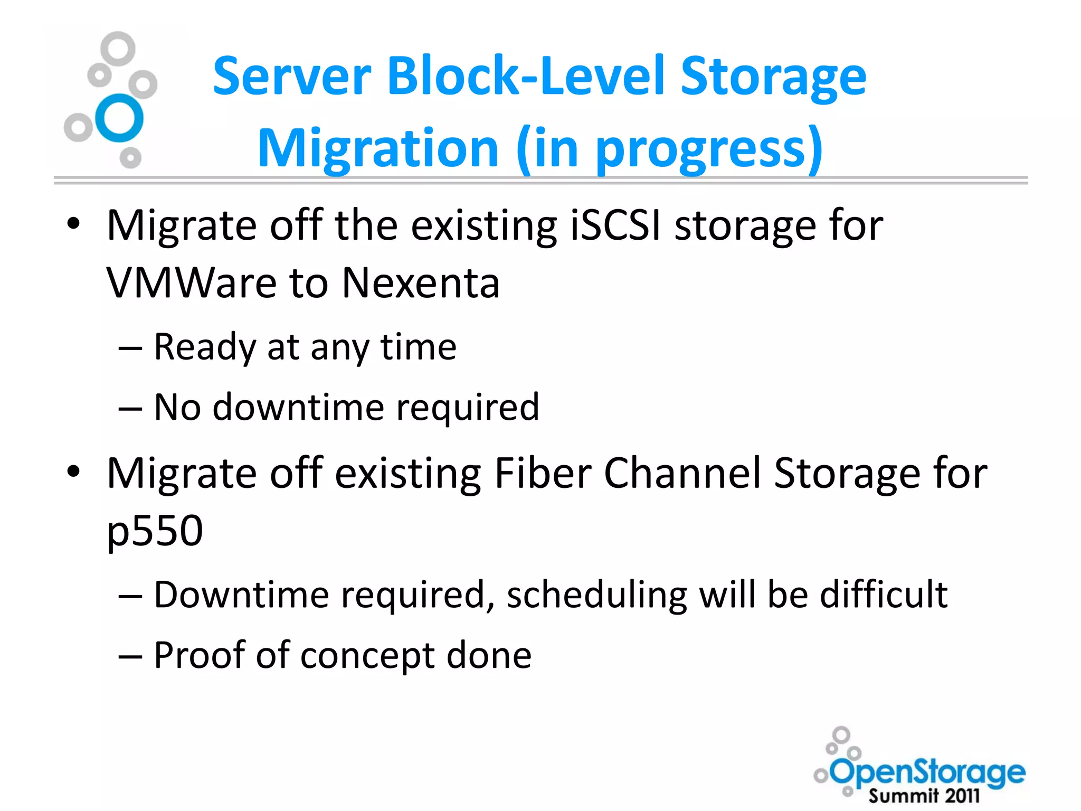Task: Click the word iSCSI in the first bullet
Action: [x=615, y=225]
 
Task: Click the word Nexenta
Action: [x=421, y=283]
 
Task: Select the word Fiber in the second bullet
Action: [x=542, y=473]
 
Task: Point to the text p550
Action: [x=155, y=531]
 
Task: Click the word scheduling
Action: [x=596, y=595]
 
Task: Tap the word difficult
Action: [x=884, y=595]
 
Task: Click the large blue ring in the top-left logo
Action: [x=120, y=118]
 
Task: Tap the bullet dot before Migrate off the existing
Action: [x=73, y=224]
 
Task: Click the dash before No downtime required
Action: [x=130, y=409]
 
